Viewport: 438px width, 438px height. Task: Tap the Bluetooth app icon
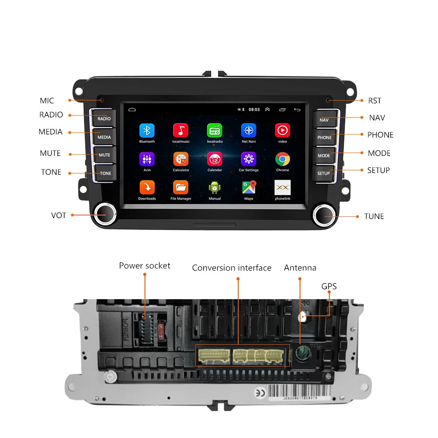pyautogui.click(x=147, y=131)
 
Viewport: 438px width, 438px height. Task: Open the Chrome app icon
pyautogui.click(x=283, y=159)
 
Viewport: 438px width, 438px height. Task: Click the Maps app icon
pyautogui.click(x=249, y=187)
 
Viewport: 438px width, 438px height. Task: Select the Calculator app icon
pyautogui.click(x=181, y=159)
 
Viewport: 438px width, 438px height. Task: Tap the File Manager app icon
pyautogui.click(x=181, y=187)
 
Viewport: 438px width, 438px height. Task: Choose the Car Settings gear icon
pyautogui.click(x=249, y=159)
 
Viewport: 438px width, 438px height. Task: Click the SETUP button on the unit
pyautogui.click(x=324, y=173)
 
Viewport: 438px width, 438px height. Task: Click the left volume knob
pyautogui.click(x=106, y=215)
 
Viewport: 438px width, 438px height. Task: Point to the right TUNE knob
pyautogui.click(x=325, y=215)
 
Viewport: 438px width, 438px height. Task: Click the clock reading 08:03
pyautogui.click(x=254, y=109)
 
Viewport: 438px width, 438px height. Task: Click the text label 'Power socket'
pyautogui.click(x=145, y=266)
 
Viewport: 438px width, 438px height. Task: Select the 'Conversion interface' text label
pyautogui.click(x=232, y=268)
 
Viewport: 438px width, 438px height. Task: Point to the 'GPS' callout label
pyautogui.click(x=329, y=286)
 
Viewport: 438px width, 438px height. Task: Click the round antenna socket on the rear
pyautogui.click(x=300, y=353)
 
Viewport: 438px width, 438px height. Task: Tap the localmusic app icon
pyautogui.click(x=180, y=131)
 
